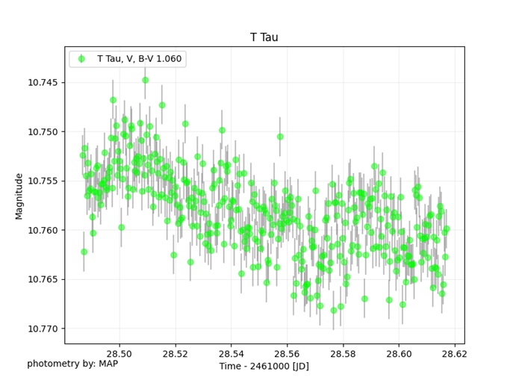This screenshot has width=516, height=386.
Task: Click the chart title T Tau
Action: coord(264,37)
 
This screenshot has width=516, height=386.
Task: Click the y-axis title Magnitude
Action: coord(19,196)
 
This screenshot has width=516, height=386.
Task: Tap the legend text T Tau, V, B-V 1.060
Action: coord(139,59)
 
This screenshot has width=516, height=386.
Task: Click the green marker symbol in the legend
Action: coord(81,59)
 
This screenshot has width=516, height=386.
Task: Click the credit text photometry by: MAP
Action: coord(72,364)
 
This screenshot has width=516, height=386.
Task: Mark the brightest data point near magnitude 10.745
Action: coord(146,80)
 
